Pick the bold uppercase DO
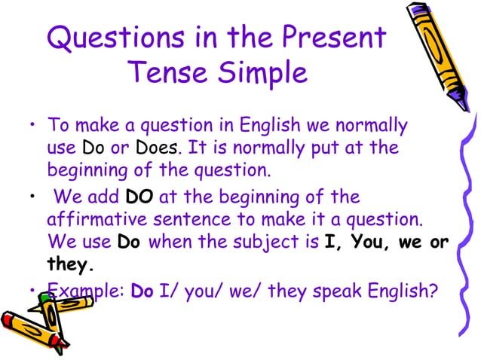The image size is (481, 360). pos(139,197)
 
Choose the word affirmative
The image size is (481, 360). pos(101,221)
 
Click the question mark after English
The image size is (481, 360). pos(433,289)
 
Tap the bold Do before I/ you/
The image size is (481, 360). pos(142,289)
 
